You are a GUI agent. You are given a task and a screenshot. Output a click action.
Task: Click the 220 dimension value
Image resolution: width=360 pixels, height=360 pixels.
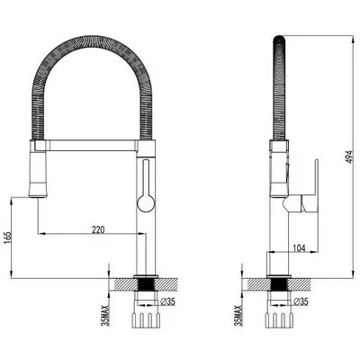[98, 229]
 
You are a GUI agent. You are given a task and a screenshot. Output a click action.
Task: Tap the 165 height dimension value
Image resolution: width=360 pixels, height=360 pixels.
[8, 238]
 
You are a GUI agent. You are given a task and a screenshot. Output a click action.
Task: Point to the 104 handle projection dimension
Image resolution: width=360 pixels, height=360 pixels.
[299, 248]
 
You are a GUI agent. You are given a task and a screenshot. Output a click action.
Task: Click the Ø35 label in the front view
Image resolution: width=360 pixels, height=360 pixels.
[167, 301]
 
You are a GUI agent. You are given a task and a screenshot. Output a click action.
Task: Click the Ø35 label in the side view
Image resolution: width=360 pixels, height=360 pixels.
[301, 301]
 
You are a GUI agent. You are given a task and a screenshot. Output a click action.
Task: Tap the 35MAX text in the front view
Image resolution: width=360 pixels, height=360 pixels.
[105, 315]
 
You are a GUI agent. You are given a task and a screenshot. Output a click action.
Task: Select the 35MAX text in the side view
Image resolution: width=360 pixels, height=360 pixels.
[238, 315]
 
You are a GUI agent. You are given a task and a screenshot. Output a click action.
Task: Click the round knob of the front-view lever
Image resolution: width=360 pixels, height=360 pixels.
[146, 203]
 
